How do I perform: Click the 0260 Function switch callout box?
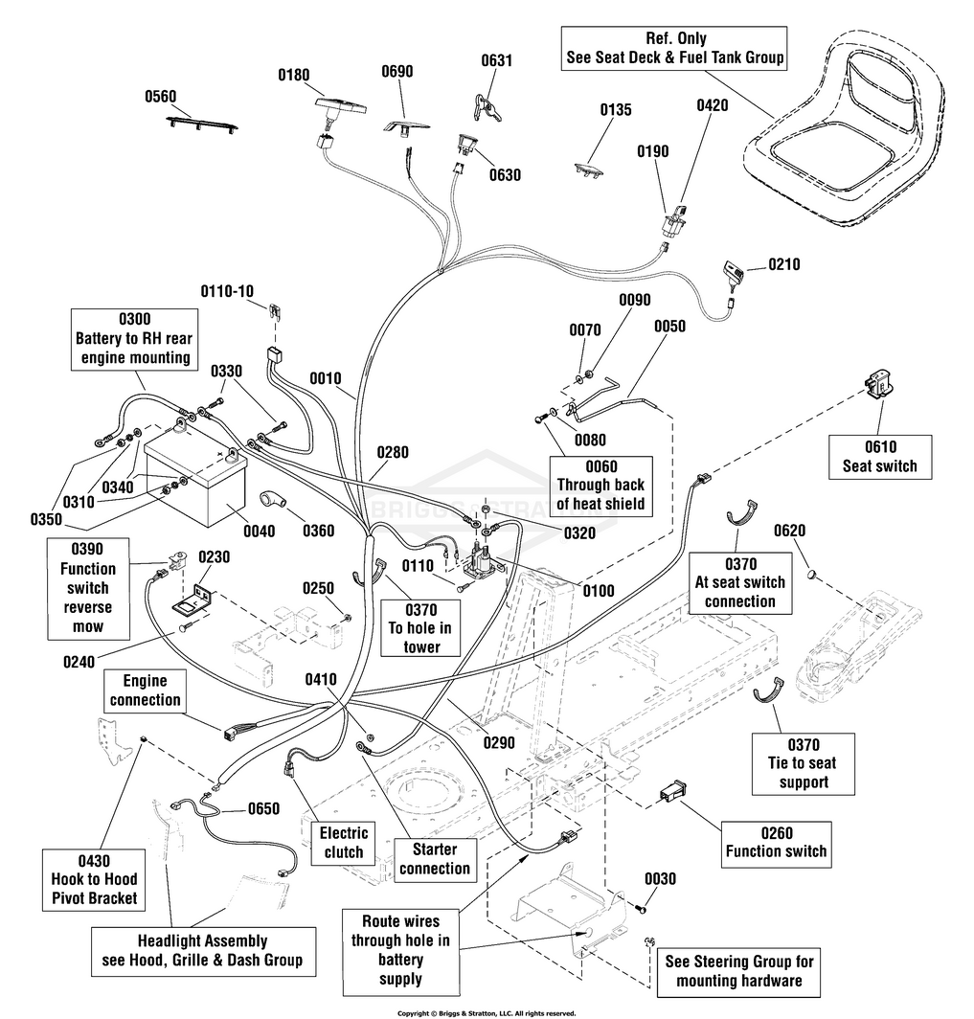(x=776, y=842)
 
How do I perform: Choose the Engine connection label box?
(x=145, y=691)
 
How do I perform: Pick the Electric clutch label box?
(x=344, y=843)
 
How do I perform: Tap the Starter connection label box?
(x=435, y=859)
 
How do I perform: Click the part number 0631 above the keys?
(x=496, y=60)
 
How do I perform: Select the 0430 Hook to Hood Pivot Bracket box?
(x=94, y=879)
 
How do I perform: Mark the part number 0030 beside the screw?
(x=660, y=878)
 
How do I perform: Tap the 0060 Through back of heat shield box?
(x=601, y=485)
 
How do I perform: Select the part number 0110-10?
(x=227, y=290)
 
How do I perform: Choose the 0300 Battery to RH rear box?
(x=135, y=339)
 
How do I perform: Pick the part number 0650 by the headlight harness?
(x=263, y=808)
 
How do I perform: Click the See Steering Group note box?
(x=739, y=971)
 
